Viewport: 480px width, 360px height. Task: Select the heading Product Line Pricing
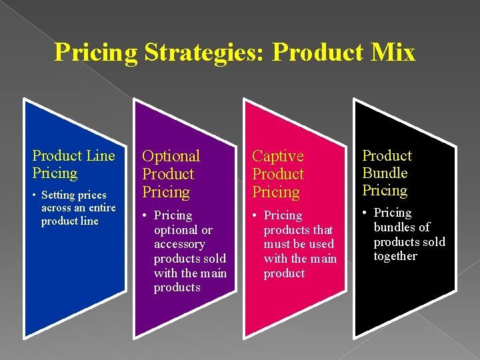(73, 165)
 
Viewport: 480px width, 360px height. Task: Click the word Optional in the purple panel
(171, 156)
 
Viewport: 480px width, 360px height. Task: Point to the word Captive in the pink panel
(277, 156)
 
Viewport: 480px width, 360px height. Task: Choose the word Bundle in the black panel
(385, 173)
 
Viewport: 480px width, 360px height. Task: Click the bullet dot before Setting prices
(35, 195)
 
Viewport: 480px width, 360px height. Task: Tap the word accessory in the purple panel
(179, 244)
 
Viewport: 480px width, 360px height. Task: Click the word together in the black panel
(395, 256)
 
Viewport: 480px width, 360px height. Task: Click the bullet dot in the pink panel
(255, 216)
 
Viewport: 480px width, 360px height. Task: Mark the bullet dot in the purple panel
(145, 216)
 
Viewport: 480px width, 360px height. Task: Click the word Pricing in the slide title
(95, 52)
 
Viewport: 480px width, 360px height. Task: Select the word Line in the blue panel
(101, 156)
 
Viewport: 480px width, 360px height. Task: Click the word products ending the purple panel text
(177, 287)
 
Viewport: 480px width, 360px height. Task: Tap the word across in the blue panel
(56, 208)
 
